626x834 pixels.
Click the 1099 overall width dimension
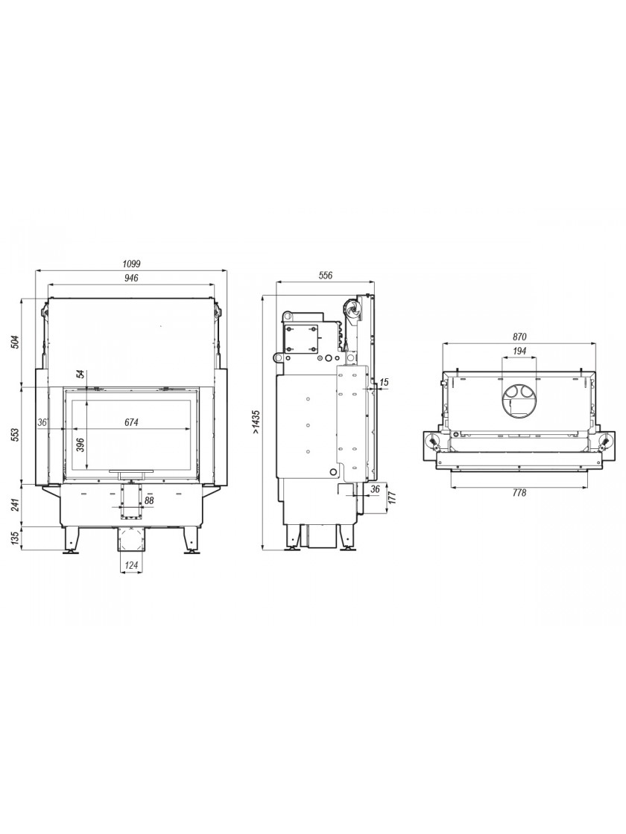(131, 264)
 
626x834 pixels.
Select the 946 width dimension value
(131, 278)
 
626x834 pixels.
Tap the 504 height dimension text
(15, 342)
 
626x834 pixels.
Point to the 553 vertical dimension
(15, 435)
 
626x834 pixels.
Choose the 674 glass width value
(131, 422)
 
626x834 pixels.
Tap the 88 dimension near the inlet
(148, 500)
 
